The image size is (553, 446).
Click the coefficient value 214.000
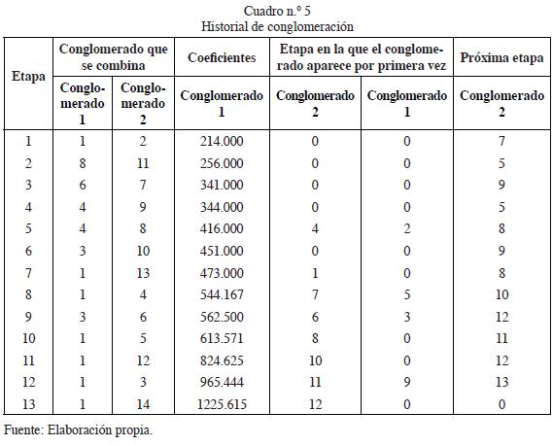tap(222, 142)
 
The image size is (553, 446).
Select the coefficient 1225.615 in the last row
tap(222, 404)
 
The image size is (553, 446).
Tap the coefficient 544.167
tap(222, 294)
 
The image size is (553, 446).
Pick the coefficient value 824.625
tap(222, 360)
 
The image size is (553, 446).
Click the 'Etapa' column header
tap(28, 76)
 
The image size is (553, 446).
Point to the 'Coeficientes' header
tap(222, 57)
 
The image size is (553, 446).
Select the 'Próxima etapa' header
tap(501, 57)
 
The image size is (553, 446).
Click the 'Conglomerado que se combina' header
tap(113, 57)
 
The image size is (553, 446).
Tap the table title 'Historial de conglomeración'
tap(277, 26)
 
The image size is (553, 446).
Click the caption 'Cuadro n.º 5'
tap(277, 11)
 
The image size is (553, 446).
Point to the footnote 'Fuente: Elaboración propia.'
tap(79, 429)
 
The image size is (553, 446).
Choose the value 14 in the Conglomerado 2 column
tap(143, 404)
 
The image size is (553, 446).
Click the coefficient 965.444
tap(222, 382)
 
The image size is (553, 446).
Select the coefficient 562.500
tap(222, 317)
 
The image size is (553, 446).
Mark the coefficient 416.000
tap(222, 228)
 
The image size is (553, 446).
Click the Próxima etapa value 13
tap(501, 382)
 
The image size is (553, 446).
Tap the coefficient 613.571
tap(222, 338)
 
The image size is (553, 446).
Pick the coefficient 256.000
tap(222, 163)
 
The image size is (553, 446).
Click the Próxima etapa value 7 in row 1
tap(501, 142)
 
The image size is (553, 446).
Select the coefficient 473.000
tap(222, 273)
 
